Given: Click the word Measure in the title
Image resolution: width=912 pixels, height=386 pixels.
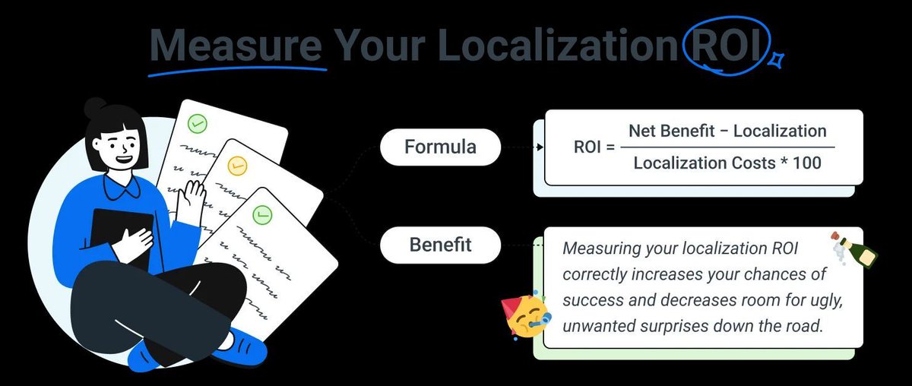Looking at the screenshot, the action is point(236,46).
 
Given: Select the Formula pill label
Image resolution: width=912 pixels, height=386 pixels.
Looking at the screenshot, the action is point(440,147).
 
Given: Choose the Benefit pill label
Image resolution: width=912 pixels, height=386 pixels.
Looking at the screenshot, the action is point(440,245).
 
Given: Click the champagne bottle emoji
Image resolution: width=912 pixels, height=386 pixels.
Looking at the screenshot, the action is point(853,247).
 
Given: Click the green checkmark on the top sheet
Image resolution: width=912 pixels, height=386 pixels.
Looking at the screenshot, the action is point(198,122).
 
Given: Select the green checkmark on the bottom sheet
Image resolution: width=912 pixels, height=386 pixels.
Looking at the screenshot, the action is point(261,215).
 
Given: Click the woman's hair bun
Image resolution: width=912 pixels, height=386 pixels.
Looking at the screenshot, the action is point(95,107).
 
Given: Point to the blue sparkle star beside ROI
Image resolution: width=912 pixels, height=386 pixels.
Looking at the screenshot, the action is point(777,59).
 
